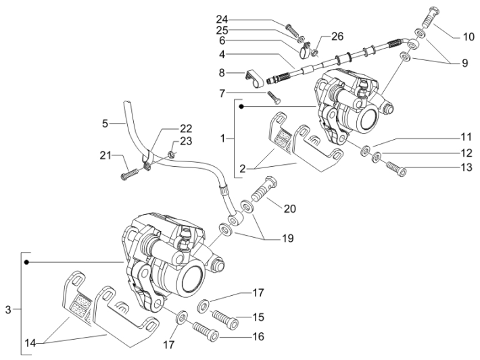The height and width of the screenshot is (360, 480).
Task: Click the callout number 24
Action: click(x=223, y=18)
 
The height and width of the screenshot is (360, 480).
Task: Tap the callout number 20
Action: click(x=290, y=209)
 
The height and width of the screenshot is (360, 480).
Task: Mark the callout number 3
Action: click(x=8, y=310)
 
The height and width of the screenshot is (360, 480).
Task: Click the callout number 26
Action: click(x=337, y=36)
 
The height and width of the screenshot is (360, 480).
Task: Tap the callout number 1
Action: click(x=224, y=138)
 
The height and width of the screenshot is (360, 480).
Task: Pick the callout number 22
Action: click(x=167, y=128)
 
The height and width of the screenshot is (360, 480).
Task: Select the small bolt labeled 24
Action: click(x=292, y=30)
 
